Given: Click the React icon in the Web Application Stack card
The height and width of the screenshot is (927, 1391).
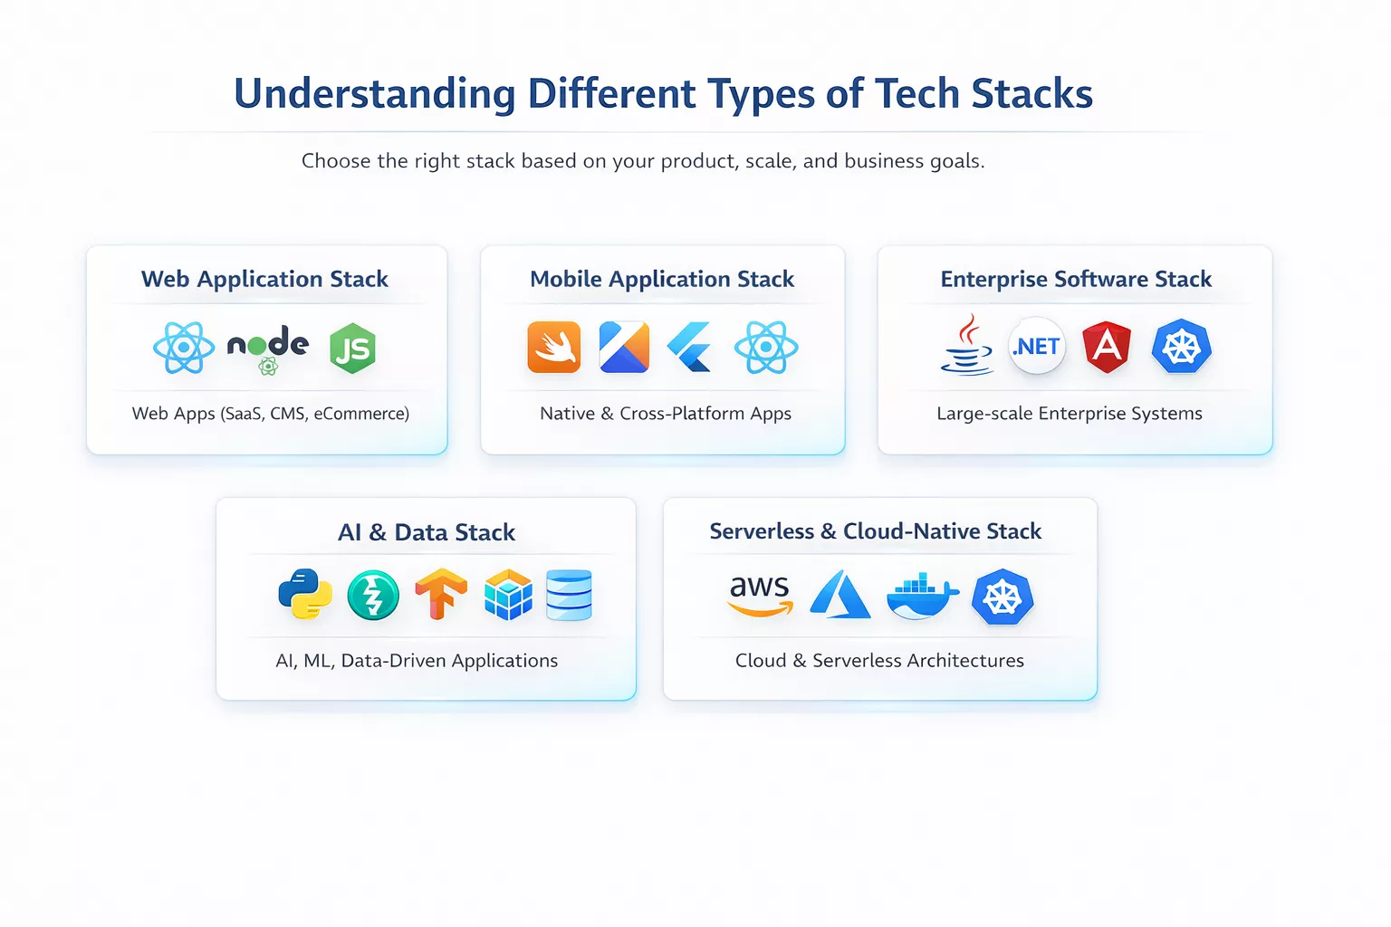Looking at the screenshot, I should click(184, 348).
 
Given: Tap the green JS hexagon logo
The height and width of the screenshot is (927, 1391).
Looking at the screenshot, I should click(352, 349).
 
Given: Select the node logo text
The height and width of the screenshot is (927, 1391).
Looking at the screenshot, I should click(268, 344).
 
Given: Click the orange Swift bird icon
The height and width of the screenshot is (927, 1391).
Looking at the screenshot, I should click(553, 348).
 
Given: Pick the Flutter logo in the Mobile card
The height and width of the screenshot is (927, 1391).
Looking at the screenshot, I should click(692, 348).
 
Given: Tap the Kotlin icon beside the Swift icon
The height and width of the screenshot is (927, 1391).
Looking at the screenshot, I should click(624, 348).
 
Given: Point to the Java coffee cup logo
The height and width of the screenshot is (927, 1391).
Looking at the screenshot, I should click(967, 346).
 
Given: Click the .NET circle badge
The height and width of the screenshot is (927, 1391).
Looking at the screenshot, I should click(1037, 346).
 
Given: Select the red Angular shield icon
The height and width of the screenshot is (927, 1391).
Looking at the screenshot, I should click(1107, 346).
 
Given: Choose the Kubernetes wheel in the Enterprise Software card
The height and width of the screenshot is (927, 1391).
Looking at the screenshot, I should click(1181, 346).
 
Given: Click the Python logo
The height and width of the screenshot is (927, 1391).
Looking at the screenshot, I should click(304, 594).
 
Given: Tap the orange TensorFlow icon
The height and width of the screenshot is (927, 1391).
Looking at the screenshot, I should click(441, 594).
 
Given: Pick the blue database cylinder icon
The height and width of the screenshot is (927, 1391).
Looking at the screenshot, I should click(569, 595).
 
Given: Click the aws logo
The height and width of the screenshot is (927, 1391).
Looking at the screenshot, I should click(761, 594).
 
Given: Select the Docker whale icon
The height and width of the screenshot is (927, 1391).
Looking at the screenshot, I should click(921, 596).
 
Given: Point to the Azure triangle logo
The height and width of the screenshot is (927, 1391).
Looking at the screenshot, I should click(839, 595).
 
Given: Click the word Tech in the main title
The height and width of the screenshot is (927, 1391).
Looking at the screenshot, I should click(917, 93).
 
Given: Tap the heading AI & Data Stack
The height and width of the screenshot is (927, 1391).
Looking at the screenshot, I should click(427, 532).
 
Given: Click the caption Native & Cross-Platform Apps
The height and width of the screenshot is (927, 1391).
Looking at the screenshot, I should click(666, 414).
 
